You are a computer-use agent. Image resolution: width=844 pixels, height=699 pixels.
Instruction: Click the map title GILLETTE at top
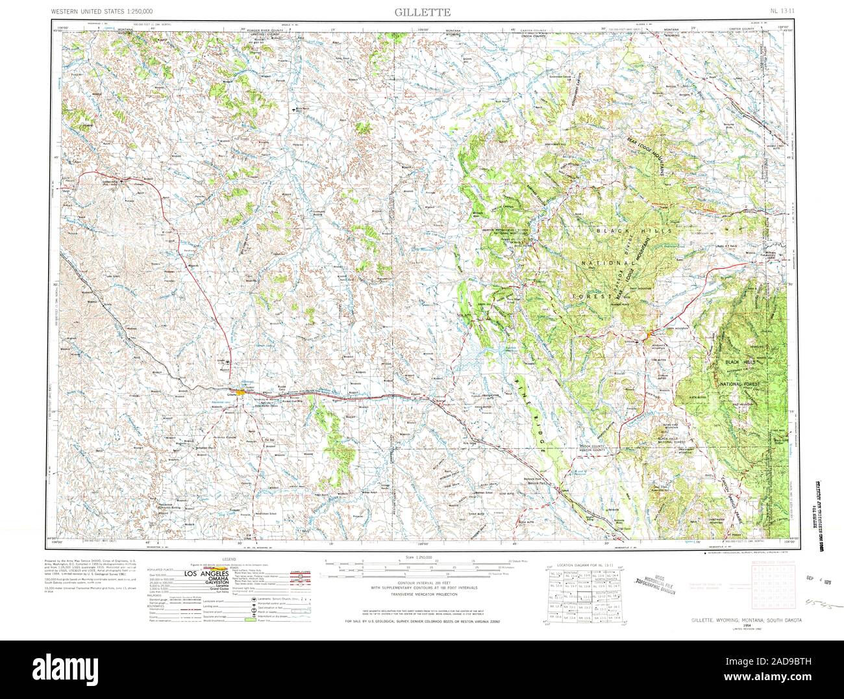click(x=421, y=12)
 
